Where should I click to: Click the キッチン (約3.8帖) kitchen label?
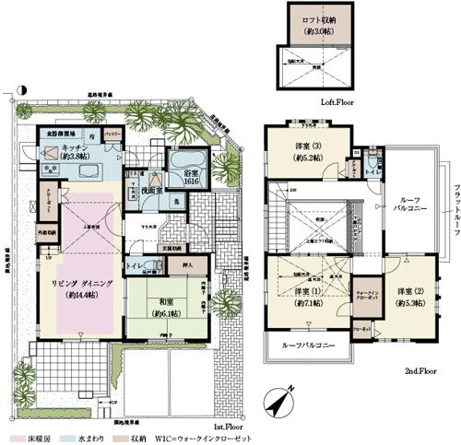74,153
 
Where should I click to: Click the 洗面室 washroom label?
153,190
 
